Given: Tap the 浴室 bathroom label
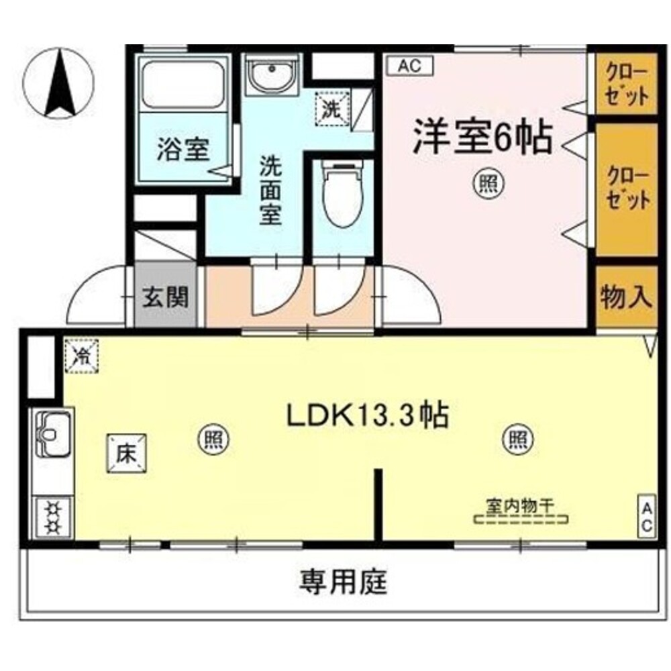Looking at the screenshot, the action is click(183, 150).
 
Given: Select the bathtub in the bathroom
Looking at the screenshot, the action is click(183, 85).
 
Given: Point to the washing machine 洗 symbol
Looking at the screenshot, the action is click(333, 109).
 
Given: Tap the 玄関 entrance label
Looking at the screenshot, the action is click(166, 296).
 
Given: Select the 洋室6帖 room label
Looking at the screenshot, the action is click(482, 136).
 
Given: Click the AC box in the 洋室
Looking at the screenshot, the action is click(411, 66).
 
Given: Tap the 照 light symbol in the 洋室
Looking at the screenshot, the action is click(488, 185).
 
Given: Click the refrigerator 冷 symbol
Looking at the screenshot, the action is click(81, 356).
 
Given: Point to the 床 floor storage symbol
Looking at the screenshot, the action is click(127, 454).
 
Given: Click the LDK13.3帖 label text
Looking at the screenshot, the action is click(368, 415).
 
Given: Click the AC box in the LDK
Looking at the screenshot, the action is click(647, 516).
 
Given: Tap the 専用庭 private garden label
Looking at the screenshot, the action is click(344, 582).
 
